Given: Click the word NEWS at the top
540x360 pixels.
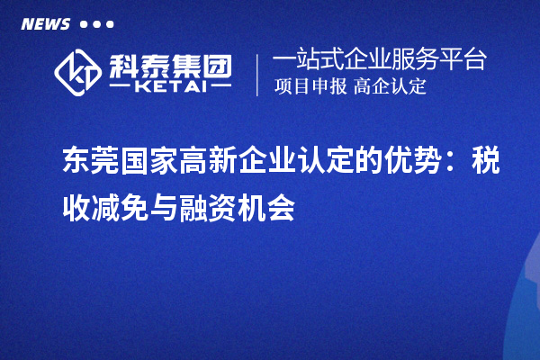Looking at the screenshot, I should click(x=44, y=24).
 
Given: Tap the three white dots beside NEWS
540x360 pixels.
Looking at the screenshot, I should click(x=96, y=24).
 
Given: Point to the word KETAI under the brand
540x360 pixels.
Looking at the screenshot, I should click(x=170, y=87).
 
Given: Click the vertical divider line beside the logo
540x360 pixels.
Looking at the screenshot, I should click(x=259, y=74).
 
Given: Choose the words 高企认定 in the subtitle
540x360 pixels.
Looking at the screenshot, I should click(x=390, y=87).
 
